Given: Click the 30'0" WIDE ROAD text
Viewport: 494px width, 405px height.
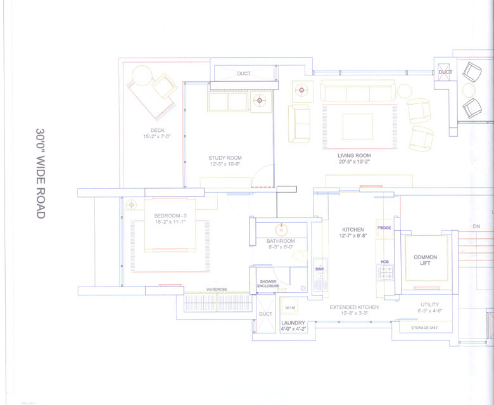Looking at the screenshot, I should pyautogui.click(x=40, y=172).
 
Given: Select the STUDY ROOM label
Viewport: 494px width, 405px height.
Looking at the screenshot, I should pyautogui.click(x=225, y=158).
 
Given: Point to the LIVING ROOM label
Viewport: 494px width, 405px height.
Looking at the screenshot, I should pyautogui.click(x=354, y=155).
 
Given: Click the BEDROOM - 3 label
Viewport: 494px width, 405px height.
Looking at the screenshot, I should pyautogui.click(x=171, y=216).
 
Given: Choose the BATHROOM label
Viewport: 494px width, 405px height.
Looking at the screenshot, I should pyautogui.click(x=280, y=241).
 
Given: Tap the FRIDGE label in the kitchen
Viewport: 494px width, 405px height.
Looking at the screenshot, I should pyautogui.click(x=384, y=228).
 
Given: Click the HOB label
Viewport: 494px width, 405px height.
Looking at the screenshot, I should pyautogui.click(x=384, y=262).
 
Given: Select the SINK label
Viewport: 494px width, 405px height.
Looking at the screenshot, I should pyautogui.click(x=319, y=269).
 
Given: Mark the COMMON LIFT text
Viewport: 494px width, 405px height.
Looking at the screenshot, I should pyautogui.click(x=425, y=260).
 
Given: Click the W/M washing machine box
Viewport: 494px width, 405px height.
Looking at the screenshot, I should pyautogui.click(x=290, y=308).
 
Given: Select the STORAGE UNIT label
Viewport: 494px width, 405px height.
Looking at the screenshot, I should pyautogui.click(x=424, y=328).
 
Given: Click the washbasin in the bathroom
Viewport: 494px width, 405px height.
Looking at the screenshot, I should pyautogui.click(x=280, y=229).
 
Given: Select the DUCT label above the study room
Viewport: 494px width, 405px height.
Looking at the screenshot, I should pyautogui.click(x=244, y=74).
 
